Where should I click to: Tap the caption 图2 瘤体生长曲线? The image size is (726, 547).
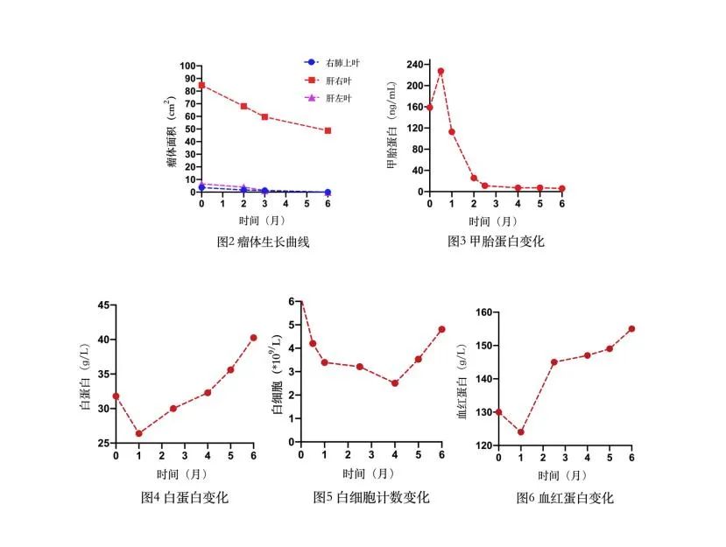pyautogui.click(x=263, y=242)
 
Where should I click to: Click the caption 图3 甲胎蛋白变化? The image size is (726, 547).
pyautogui.click(x=495, y=242)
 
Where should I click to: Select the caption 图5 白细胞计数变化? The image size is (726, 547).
pyautogui.click(x=371, y=497)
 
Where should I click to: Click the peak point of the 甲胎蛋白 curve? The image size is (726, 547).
pyautogui.click(x=441, y=71)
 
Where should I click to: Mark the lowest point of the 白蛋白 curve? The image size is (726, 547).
pyautogui.click(x=138, y=433)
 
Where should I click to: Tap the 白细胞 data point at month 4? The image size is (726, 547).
pyautogui.click(x=395, y=383)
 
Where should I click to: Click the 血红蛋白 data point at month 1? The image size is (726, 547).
pyautogui.click(x=521, y=431)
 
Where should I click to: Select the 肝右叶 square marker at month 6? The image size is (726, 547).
pyautogui.click(x=328, y=130)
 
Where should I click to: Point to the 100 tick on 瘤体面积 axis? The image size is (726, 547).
pyautogui.click(x=187, y=67)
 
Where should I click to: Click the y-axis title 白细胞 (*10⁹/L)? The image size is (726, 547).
pyautogui.click(x=278, y=375)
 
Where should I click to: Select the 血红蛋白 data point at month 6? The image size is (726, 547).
pyautogui.click(x=631, y=329)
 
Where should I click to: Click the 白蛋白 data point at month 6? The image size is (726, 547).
pyautogui.click(x=253, y=338)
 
